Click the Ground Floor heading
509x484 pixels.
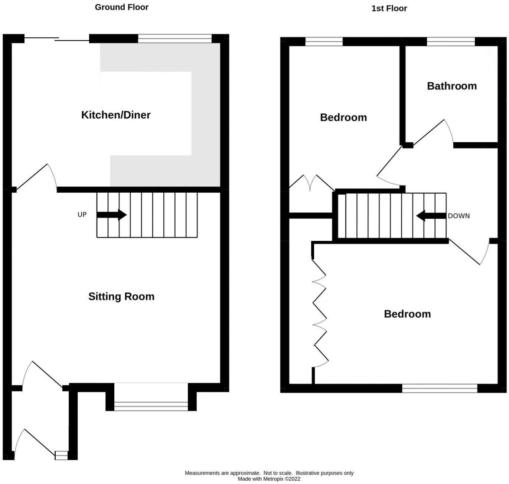(121, 7)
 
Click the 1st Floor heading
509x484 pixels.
(389, 8)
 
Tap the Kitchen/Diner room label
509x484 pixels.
(116, 115)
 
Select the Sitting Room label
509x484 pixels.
(121, 296)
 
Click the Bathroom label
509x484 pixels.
(451, 86)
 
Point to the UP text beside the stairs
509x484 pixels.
(82, 215)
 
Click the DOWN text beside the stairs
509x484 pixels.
(459, 216)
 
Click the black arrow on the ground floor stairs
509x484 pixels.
(111, 215)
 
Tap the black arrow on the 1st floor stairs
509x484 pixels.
(431, 216)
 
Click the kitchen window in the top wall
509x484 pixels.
(174, 39)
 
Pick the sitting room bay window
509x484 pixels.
(151, 406)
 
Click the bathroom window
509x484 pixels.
(451, 42)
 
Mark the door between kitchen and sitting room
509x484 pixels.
(37, 177)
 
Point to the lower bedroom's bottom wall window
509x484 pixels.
(440, 388)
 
